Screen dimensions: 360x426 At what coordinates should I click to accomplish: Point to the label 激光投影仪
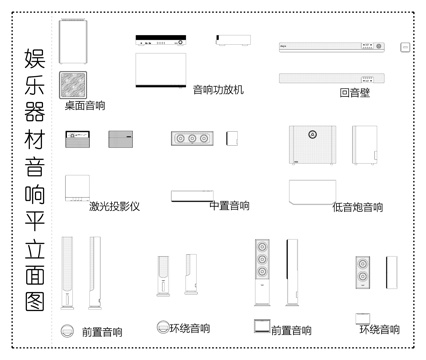(x=113, y=207)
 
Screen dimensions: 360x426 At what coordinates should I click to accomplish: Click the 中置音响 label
(x=229, y=206)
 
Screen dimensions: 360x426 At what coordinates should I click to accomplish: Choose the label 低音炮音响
(x=357, y=207)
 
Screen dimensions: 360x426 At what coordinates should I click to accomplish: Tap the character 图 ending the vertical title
(x=34, y=301)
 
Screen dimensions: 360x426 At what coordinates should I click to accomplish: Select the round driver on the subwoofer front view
(x=311, y=133)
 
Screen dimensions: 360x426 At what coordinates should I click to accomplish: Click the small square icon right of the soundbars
(x=405, y=47)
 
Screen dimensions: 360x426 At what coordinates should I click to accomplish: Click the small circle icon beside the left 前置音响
(x=67, y=330)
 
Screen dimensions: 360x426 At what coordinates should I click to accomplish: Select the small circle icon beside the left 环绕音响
(x=162, y=327)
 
